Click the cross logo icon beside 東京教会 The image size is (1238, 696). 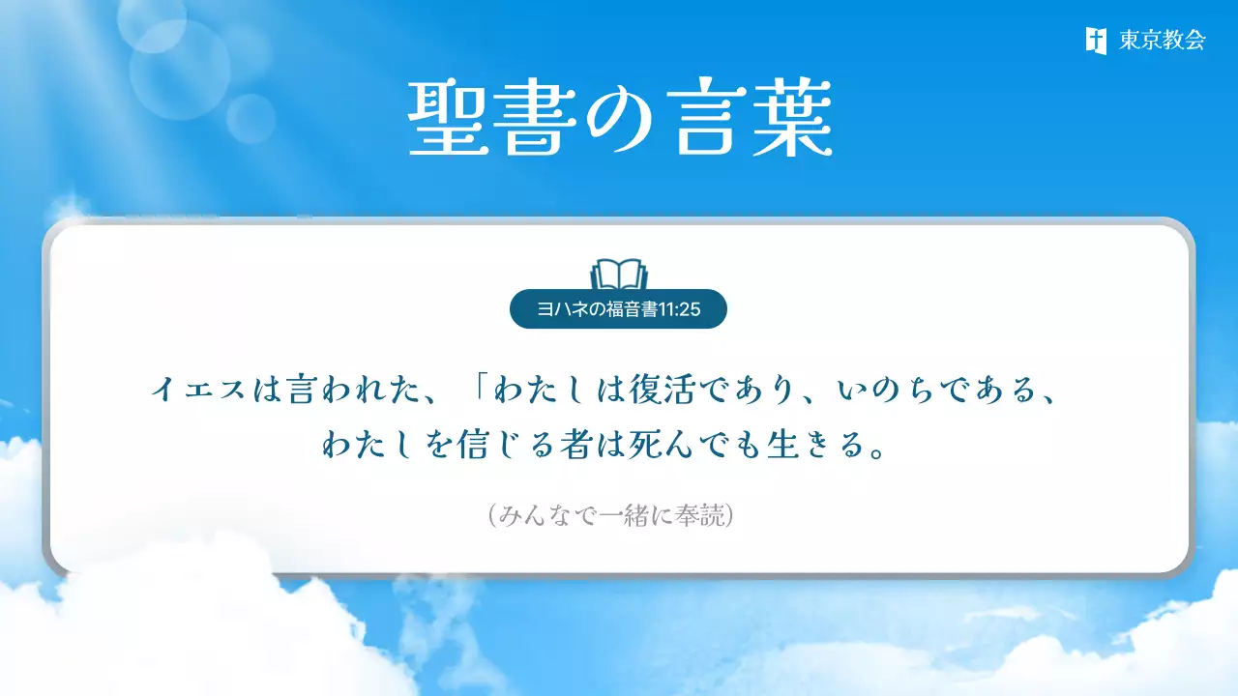[1096, 41]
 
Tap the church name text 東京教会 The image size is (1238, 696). [1162, 41]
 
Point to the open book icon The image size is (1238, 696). [618, 274]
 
